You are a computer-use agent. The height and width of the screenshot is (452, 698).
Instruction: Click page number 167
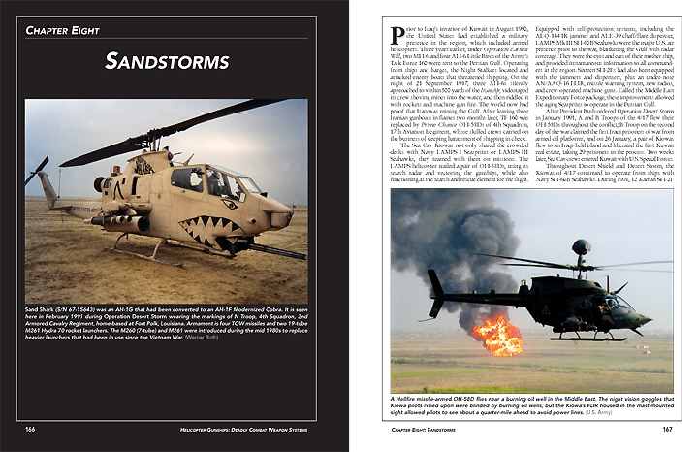click(664, 429)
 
